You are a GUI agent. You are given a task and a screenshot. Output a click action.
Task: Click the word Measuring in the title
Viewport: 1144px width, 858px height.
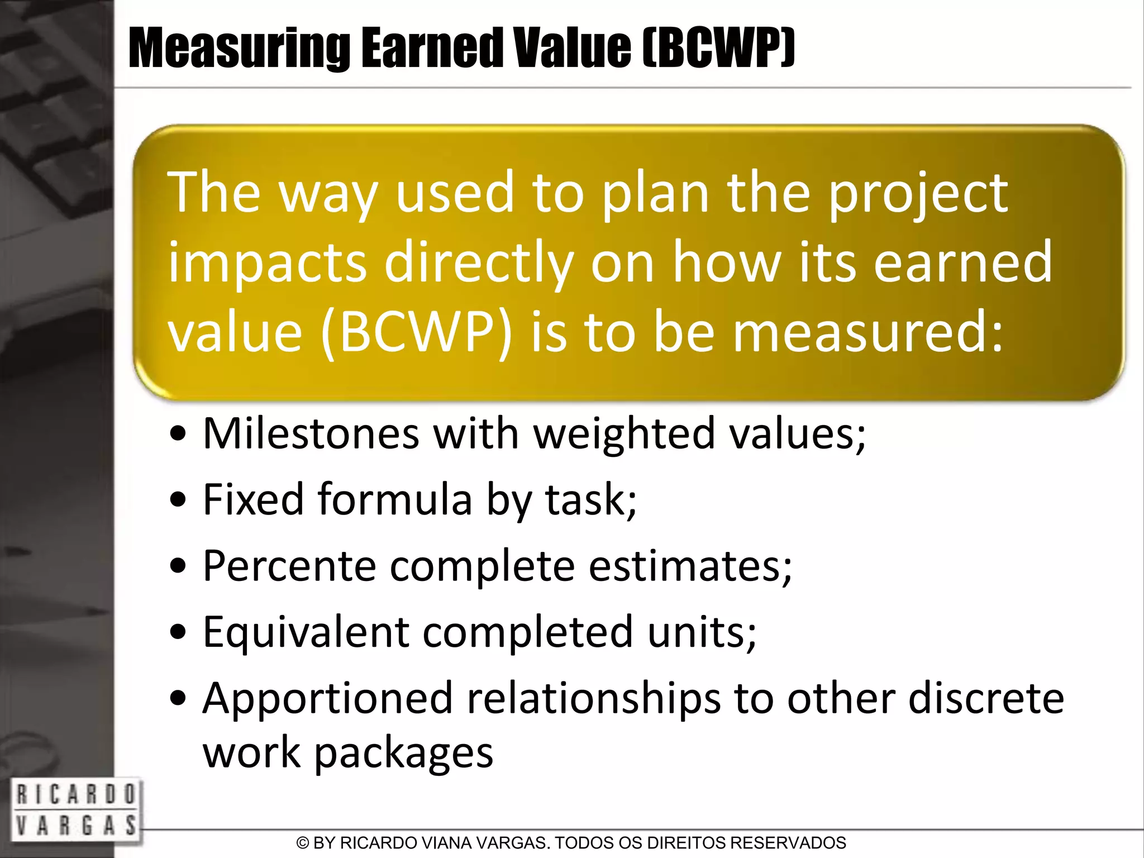(239, 49)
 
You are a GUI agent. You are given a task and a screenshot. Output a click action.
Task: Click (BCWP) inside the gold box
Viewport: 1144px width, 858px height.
(416, 333)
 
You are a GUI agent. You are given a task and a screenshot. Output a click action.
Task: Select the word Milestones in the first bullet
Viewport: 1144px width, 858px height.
(311, 433)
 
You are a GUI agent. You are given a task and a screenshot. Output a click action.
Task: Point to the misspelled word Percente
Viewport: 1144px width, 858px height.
(289, 566)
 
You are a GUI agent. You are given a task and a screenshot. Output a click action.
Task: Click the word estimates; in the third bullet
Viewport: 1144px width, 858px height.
(690, 566)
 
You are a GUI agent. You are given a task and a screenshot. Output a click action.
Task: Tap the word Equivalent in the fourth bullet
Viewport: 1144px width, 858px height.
(306, 632)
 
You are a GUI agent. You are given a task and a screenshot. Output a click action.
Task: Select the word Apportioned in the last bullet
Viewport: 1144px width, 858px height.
(327, 698)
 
